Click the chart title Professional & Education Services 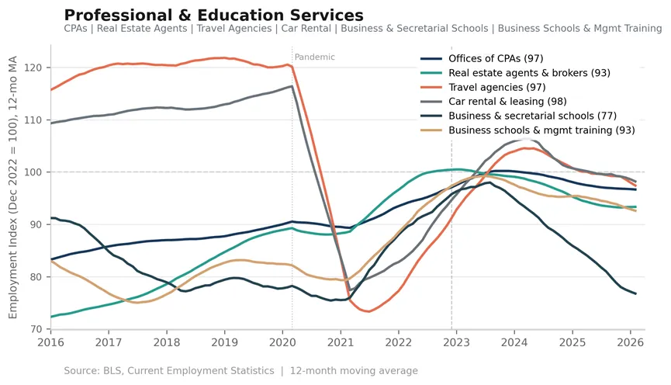(x=213, y=15)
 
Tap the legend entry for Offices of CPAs (x=482, y=59)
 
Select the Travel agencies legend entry (x=483, y=88)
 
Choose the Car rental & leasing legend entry (x=493, y=102)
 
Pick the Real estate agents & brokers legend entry (x=515, y=73)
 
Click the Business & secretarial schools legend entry (x=519, y=116)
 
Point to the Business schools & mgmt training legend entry (x=527, y=130)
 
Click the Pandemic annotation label (x=314, y=57)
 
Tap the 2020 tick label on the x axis (x=282, y=342)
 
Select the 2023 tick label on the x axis (x=456, y=342)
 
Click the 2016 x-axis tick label (x=50, y=342)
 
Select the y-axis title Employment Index (x=13, y=187)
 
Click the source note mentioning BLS (x=241, y=371)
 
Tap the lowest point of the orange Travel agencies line (x=368, y=311)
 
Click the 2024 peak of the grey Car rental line (x=525, y=139)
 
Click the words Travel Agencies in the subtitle (x=234, y=29)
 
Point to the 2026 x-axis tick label (x=631, y=342)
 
